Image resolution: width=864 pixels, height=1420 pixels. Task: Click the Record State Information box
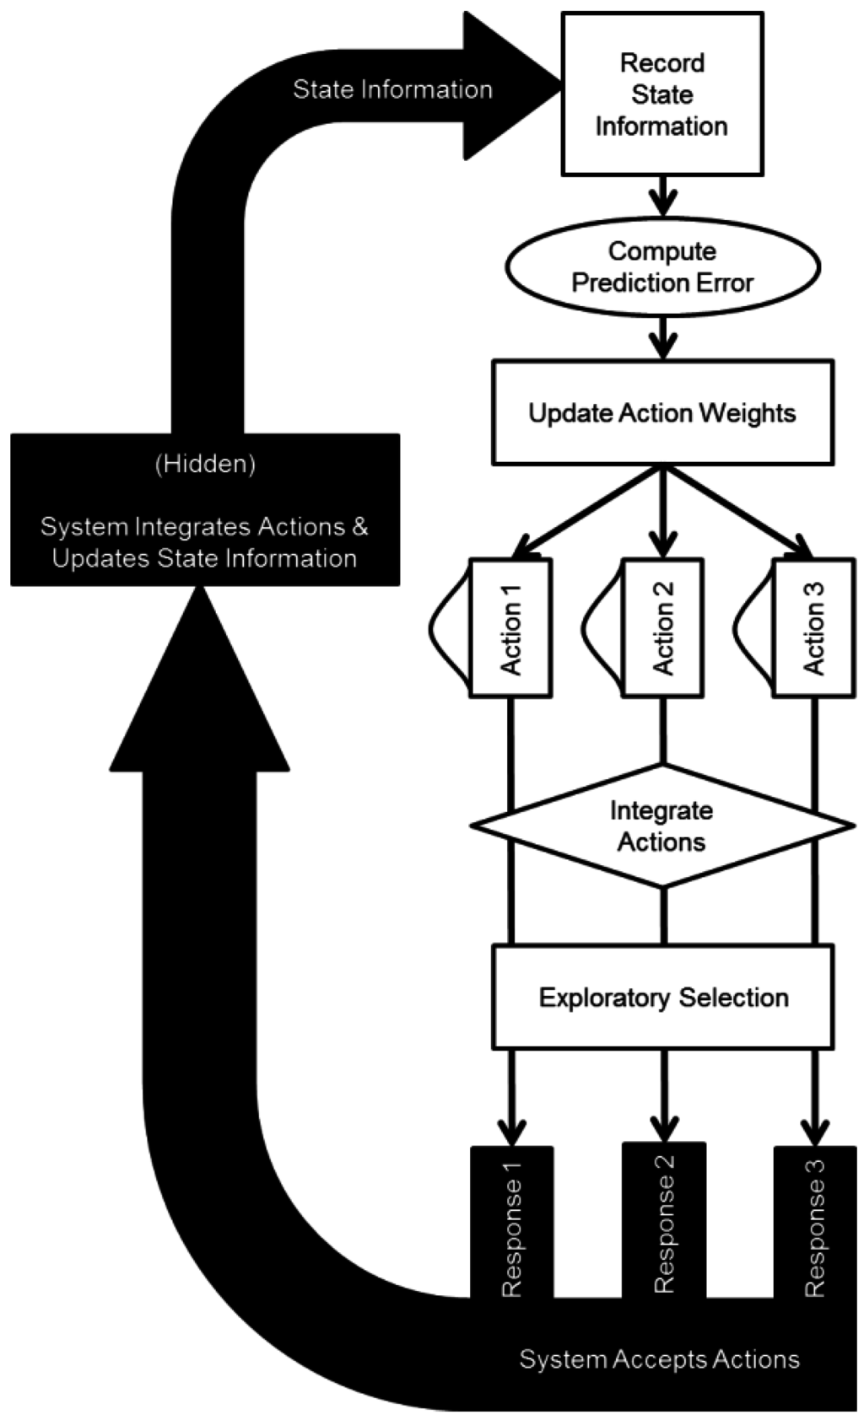coord(662,94)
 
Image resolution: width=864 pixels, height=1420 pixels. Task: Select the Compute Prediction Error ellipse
coord(662,266)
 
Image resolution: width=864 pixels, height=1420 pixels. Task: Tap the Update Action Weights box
coord(662,413)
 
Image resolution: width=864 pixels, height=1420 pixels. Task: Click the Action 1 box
coord(511,628)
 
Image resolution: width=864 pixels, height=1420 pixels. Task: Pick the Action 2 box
coord(662,628)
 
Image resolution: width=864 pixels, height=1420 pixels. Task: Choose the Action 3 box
coord(813,628)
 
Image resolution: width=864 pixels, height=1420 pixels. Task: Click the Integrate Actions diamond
coord(662,826)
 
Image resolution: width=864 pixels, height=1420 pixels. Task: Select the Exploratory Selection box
coord(662,998)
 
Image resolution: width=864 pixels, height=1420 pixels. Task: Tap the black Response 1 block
coord(511,1223)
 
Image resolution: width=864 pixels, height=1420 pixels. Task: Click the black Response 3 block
coord(814,1223)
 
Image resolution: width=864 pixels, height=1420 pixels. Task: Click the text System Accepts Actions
coord(659,1359)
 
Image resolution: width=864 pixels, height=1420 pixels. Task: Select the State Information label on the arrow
coord(392,89)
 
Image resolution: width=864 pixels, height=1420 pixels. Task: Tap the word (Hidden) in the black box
coord(205,464)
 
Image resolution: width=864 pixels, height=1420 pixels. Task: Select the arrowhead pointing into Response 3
coord(815,1130)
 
